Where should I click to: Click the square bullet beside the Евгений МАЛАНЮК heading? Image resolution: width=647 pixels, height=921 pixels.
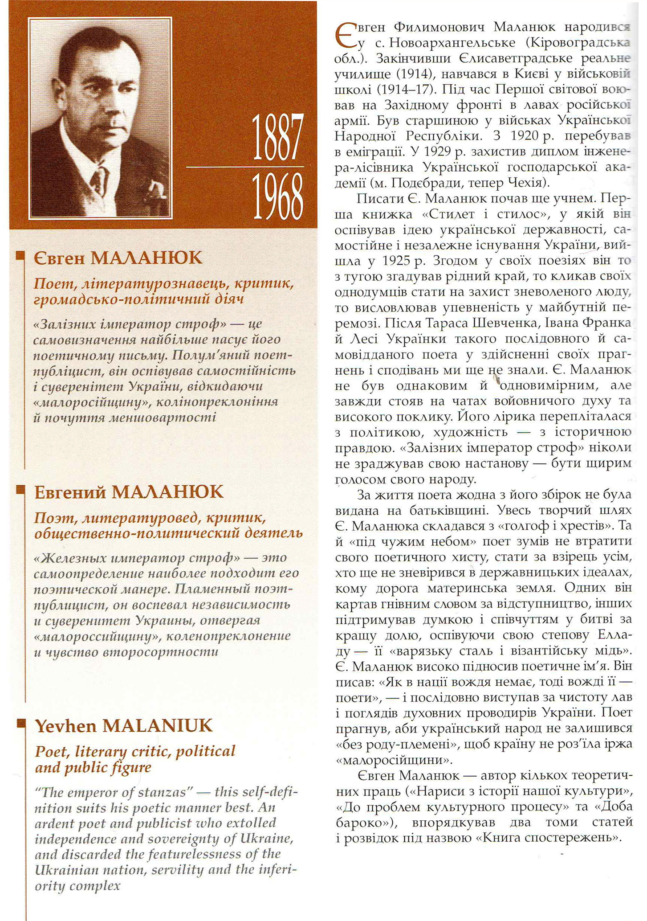point(20,490)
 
